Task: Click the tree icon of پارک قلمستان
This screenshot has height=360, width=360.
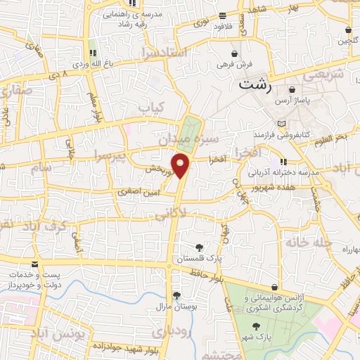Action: pyautogui.click(x=199, y=247)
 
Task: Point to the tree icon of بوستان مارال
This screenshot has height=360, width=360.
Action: pyautogui.click(x=175, y=295)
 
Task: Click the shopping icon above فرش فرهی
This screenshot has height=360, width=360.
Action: pyautogui.click(x=235, y=53)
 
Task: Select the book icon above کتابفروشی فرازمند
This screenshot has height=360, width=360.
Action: pyautogui.click(x=282, y=123)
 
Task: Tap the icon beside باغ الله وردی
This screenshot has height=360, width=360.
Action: pyautogui.click(x=92, y=53)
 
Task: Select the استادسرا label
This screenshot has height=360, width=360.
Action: pyautogui.click(x=163, y=52)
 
